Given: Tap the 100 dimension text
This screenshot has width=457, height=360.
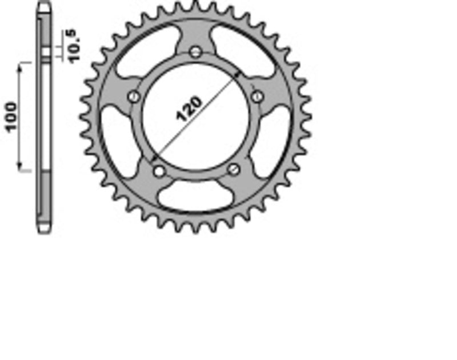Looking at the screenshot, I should tap(11, 117).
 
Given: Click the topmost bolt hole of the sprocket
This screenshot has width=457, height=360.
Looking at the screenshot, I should tap(195, 52).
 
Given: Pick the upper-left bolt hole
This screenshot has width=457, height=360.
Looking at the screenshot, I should tap(134, 97).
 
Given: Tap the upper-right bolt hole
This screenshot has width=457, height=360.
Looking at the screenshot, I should tap(256, 96).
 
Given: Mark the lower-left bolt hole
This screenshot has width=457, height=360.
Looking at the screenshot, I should tap(158, 170).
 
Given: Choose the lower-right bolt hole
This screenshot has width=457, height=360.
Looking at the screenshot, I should tap(232, 169).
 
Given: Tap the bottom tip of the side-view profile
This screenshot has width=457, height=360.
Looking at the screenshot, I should tap(45, 231).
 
